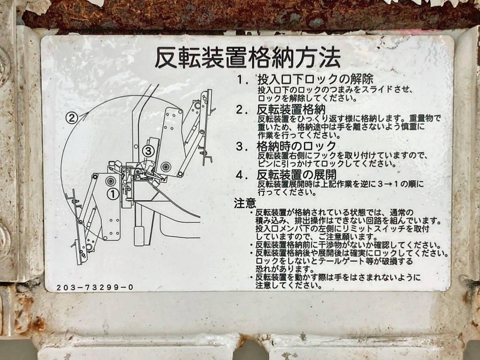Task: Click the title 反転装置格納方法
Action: tap(248, 59)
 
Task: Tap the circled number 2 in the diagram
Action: tap(71, 118)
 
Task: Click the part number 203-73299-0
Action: tap(95, 287)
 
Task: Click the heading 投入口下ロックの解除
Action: tap(315, 79)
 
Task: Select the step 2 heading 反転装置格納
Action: tap(291, 110)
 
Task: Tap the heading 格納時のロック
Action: tap(296, 146)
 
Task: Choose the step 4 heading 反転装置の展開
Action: tap(296, 175)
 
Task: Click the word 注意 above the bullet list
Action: tap(245, 203)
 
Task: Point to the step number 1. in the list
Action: tap(242, 80)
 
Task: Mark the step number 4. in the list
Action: tap(242, 175)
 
